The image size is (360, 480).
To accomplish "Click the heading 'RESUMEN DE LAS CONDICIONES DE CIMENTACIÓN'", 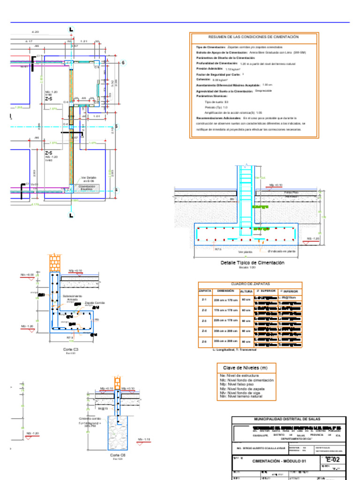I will pos(254,37).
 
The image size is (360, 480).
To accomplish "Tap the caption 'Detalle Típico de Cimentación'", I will pos(252,263).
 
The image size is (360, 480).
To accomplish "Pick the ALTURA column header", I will pos(247,291).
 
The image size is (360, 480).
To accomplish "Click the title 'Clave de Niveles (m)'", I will pos(246,368).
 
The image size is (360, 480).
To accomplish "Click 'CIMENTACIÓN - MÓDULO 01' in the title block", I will pos(279,461).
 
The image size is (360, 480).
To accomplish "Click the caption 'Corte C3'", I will pos(71,350).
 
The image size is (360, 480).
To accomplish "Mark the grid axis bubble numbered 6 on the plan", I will pos(123,63).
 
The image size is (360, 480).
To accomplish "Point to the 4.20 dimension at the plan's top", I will pos(35,32).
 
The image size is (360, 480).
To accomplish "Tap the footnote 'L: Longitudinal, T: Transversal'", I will pos(234,350).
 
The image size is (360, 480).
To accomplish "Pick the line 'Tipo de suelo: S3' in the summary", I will pos(217,102).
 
